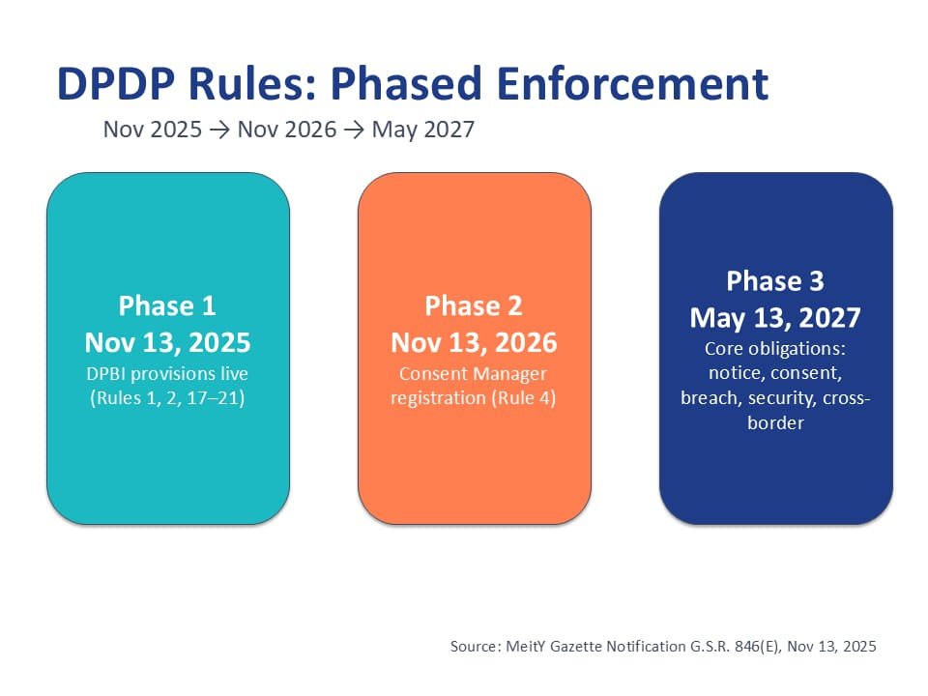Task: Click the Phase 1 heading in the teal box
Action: pyautogui.click(x=167, y=306)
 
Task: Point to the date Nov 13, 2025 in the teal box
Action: pyautogui.click(x=167, y=342)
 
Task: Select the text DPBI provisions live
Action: pyautogui.click(x=167, y=373)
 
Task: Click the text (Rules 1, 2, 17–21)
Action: pyautogui.click(x=167, y=397)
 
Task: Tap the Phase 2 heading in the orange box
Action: pyautogui.click(x=474, y=306)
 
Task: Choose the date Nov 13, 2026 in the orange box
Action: pyautogui.click(x=474, y=342)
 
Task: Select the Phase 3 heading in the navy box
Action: pyautogui.click(x=775, y=281)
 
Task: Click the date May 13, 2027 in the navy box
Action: pyautogui.click(x=775, y=317)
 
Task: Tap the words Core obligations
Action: pyautogui.click(x=775, y=348)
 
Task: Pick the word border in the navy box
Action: pyautogui.click(x=775, y=422)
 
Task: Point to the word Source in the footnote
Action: pyautogui.click(x=474, y=646)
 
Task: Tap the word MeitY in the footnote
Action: pyautogui.click(x=531, y=646)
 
